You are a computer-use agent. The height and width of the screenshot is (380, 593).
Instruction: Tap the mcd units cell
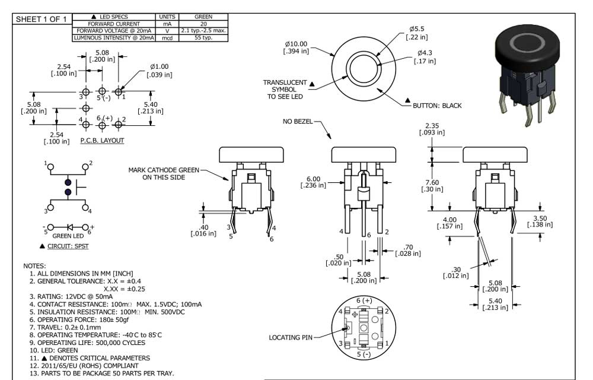[x=167, y=37]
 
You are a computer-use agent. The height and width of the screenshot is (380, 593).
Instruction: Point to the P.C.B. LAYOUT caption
[x=102, y=141]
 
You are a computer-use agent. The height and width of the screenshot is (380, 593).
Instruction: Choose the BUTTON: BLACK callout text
[x=437, y=106]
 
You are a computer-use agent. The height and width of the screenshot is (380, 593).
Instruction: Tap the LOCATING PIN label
[x=290, y=337]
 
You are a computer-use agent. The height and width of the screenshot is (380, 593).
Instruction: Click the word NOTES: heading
[x=34, y=265]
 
